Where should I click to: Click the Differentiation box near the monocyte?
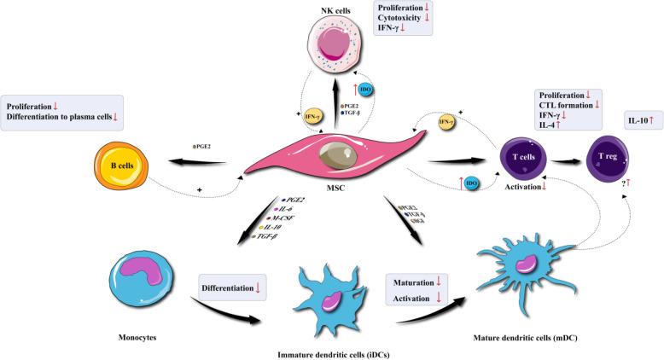click(x=231, y=288)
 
